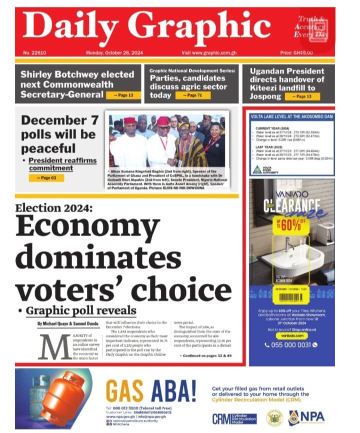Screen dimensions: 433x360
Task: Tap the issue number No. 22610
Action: tap(33, 52)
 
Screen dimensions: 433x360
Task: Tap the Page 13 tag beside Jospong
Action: tap(302, 96)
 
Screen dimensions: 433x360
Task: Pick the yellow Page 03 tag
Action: tap(46, 177)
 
